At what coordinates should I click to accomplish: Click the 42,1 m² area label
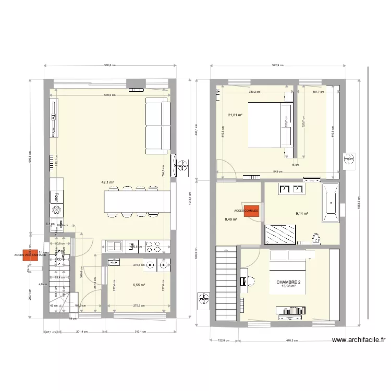(107, 182)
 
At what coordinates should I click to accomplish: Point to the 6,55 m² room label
(139, 285)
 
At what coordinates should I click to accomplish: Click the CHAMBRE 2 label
(288, 282)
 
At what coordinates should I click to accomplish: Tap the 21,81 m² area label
(235, 115)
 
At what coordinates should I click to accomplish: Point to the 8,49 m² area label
(231, 219)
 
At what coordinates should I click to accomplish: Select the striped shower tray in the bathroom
(280, 234)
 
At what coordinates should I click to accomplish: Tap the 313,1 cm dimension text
(138, 332)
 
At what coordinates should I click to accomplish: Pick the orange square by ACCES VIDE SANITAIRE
(32, 255)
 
